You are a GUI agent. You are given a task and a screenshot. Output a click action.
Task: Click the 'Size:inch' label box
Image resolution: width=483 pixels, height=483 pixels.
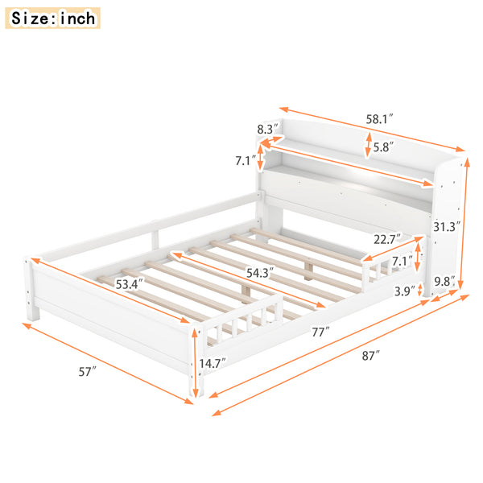pos(54,17)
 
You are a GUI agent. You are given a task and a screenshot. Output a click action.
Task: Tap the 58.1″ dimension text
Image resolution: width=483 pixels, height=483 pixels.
pos(379,118)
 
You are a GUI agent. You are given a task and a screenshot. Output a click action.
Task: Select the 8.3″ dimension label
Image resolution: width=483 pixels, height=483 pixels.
pos(267,129)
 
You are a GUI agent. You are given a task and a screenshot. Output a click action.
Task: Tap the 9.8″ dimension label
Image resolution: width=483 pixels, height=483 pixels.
pos(444,282)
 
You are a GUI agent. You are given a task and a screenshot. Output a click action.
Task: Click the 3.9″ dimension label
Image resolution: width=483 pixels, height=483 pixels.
pos(404,291)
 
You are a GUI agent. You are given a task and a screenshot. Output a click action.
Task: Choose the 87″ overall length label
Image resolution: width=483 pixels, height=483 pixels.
pos(371,355)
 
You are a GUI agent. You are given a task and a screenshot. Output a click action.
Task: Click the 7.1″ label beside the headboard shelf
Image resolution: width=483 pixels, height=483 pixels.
pos(245,161)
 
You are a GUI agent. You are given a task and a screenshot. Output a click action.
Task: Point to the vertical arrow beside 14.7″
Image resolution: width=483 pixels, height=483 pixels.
pos(195,362)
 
